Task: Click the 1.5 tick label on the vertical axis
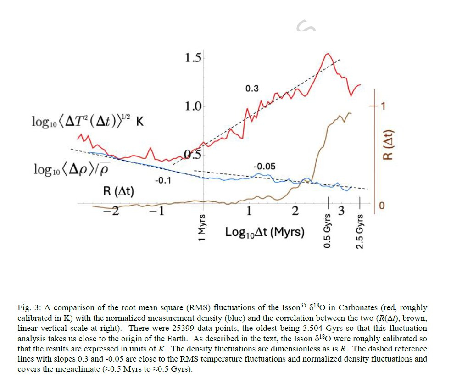tap(192, 58)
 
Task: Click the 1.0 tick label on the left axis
tap(192, 106)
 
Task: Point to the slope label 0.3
tap(252, 89)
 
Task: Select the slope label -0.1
tap(162, 180)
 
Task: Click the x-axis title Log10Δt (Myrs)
tap(265, 232)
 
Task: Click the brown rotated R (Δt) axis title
tap(387, 144)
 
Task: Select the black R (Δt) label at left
tap(118, 191)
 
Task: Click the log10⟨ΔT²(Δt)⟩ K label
tap(87, 122)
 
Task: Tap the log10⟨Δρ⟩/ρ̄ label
tap(74, 169)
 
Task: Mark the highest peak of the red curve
tap(328, 54)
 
